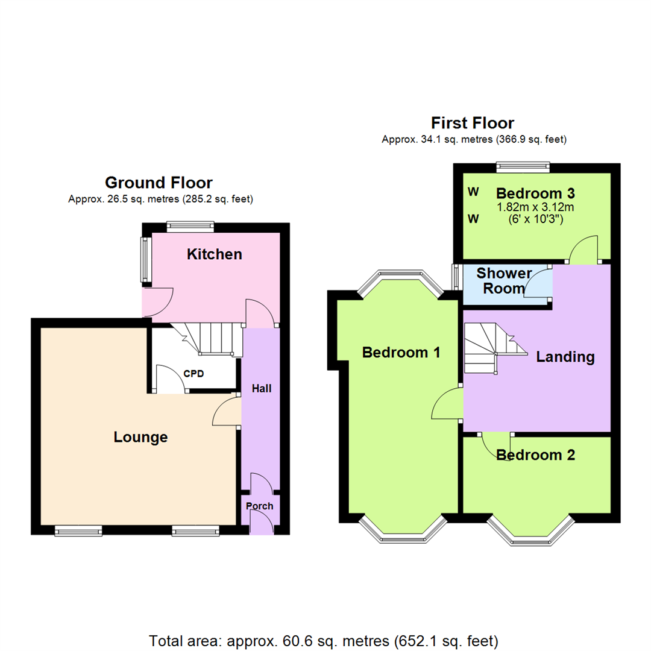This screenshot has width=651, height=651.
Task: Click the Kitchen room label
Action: click(214, 254)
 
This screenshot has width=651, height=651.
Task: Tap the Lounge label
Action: click(140, 437)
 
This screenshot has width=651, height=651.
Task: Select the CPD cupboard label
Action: click(193, 374)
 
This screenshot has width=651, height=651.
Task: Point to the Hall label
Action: click(262, 389)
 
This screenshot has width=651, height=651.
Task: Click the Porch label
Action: click(259, 506)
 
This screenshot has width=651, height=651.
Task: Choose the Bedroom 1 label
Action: click(401, 353)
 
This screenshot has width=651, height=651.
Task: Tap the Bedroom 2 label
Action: click(536, 455)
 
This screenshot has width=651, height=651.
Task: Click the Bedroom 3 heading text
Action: click(536, 193)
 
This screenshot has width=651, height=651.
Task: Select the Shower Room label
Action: click(504, 281)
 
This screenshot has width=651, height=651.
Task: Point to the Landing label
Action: click(565, 357)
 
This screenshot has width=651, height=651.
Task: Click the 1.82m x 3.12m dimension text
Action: click(536, 207)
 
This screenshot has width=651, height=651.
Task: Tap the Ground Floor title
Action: click(159, 183)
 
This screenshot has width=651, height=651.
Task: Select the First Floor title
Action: click(473, 123)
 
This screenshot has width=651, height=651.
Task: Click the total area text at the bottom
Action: click(324, 641)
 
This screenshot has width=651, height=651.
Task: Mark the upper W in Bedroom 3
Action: click(473, 192)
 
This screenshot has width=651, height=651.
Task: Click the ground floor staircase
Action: click(207, 339)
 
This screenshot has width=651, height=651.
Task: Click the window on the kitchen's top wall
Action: click(190, 227)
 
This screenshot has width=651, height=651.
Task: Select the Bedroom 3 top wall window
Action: click(523, 168)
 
